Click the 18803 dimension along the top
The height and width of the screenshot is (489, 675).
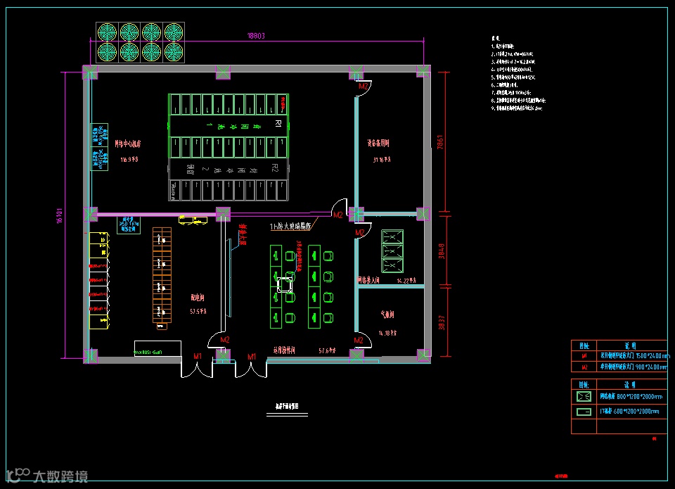point(255,36)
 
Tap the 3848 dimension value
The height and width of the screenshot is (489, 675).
point(442,251)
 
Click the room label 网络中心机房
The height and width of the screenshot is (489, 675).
point(128,143)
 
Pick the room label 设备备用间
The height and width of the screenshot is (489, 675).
point(378,143)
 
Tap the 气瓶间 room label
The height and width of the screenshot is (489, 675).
point(387,314)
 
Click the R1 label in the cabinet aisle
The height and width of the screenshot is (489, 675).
point(277,124)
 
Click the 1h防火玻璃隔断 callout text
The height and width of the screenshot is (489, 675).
point(292,227)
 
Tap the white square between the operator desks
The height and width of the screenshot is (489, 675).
point(285,284)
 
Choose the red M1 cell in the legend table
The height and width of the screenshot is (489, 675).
point(584,356)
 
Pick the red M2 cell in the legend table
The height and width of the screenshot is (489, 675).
point(584,367)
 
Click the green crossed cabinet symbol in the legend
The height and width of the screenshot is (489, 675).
point(584,397)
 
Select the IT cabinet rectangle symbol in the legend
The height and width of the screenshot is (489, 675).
point(584,411)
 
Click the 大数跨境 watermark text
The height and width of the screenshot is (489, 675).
point(60,476)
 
